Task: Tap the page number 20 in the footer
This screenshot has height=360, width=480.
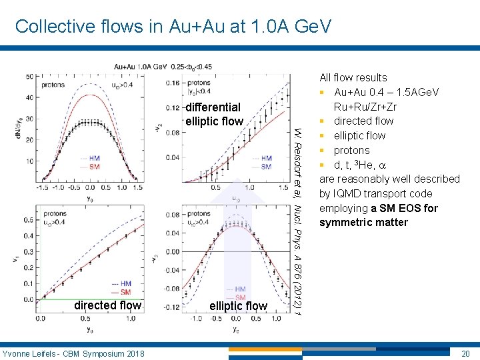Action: pyautogui.click(x=465, y=353)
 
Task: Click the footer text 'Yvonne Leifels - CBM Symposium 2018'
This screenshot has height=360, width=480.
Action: pyautogui.click(x=73, y=353)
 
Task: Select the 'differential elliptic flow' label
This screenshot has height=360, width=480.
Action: pyautogui.click(x=213, y=114)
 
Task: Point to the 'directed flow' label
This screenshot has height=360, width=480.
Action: pyautogui.click(x=107, y=305)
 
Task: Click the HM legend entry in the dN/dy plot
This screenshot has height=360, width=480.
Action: pyautogui.click(x=125, y=159)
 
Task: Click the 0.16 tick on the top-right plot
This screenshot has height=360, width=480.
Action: pyautogui.click(x=173, y=83)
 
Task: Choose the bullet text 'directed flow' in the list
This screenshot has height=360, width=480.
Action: pyautogui.click(x=363, y=121)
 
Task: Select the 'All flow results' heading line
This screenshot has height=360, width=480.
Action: pyautogui.click(x=353, y=77)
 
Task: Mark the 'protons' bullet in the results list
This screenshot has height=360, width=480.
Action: pyautogui.click(x=351, y=150)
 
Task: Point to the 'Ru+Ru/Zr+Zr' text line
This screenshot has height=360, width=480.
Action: pyautogui.click(x=365, y=107)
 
